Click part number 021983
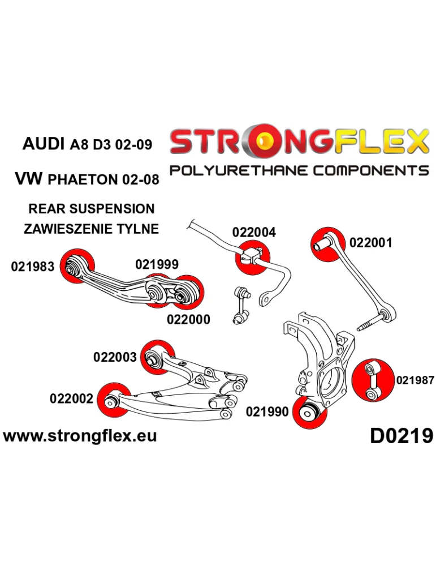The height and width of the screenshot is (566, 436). [x=32, y=267]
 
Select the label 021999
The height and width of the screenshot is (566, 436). [x=157, y=264]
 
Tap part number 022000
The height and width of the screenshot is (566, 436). [x=188, y=319]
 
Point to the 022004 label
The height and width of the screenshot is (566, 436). [x=254, y=232]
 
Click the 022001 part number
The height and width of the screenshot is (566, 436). [x=371, y=243]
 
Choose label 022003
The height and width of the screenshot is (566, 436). [x=115, y=357]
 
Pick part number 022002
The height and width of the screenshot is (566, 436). [x=71, y=398]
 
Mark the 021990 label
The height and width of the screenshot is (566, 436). [x=267, y=411]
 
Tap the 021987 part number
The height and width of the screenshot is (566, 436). [x=415, y=380]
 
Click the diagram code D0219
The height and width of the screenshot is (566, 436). [x=402, y=435]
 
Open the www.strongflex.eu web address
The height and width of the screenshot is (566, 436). [x=80, y=435]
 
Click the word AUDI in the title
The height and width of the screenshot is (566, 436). [x=43, y=144]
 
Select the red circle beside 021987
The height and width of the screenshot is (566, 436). [x=373, y=380]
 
